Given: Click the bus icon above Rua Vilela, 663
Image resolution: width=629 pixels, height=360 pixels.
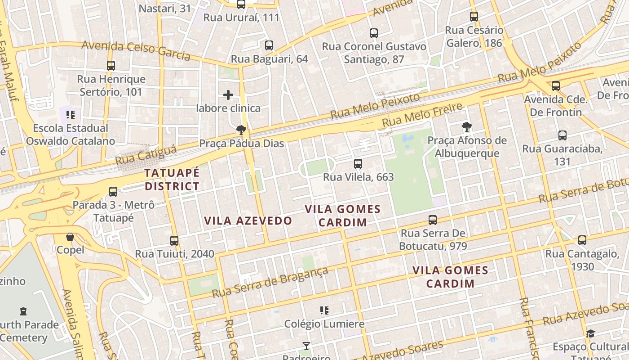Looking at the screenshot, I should coord(358,164).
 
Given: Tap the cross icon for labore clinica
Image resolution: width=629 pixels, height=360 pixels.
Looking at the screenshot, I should coord(228,95).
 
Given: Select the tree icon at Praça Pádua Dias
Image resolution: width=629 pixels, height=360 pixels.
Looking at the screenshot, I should coord(241,130).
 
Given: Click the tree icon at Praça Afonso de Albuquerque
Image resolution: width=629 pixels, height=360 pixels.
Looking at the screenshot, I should coord(467,127).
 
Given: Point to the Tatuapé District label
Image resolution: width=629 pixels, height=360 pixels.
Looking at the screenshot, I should coord(172,180).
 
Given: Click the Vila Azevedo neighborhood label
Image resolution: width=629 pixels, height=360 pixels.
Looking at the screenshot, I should coord(248,220).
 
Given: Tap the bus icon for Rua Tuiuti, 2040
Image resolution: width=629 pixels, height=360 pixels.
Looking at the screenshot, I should coord(174,241).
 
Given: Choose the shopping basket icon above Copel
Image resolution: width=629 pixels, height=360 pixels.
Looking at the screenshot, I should coord(70,237).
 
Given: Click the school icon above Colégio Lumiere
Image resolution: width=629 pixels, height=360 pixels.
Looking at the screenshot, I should coord(324,310).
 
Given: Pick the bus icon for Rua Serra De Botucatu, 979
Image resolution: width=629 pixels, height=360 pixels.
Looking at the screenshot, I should coord(433,220).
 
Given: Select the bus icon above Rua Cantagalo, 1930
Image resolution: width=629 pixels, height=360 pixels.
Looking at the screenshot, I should coord(582,240).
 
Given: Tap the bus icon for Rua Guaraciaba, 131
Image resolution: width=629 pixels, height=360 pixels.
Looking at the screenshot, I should coord(562,135).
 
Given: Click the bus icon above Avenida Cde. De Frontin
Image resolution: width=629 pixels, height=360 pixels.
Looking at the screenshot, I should coord(556,86).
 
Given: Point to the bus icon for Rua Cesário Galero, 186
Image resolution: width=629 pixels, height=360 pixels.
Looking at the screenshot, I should coord(474,17).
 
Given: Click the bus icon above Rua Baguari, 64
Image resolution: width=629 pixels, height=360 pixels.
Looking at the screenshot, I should coord(269,45).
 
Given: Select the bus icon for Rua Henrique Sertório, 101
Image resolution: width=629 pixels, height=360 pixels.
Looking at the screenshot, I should coord(111,66).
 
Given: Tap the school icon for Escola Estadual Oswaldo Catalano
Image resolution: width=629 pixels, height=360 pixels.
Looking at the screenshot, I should coord(70,115).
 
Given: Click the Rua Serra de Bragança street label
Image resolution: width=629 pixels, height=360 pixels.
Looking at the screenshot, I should coord(270,282).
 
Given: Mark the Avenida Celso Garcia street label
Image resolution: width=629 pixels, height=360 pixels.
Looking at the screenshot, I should coord(136,50).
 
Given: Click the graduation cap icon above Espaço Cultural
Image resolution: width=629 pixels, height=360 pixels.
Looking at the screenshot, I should coord(590,333).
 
